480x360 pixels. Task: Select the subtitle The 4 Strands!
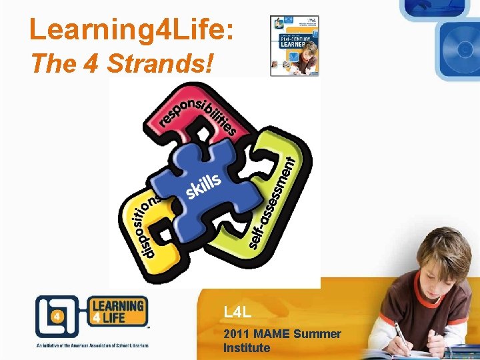coord(123,64)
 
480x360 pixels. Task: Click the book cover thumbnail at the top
coord(294,45)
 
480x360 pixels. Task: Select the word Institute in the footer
coord(247,347)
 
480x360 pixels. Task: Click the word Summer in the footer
coord(318,333)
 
